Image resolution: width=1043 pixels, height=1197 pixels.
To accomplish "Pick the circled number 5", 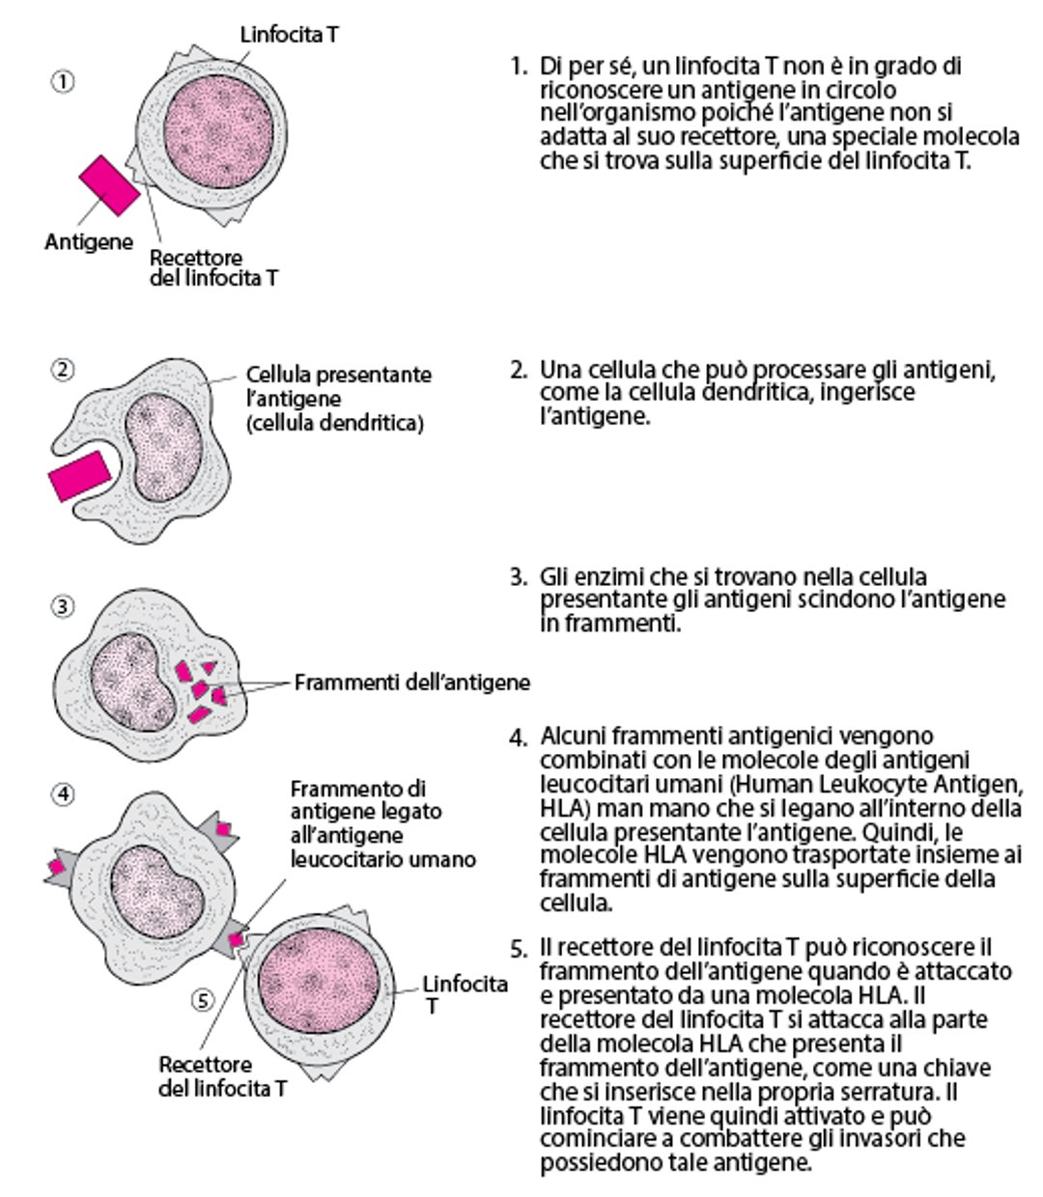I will [202, 1000].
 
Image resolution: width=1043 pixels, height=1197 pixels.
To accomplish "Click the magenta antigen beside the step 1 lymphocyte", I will [108, 184].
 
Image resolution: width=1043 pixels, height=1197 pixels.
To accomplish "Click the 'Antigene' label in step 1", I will [89, 241].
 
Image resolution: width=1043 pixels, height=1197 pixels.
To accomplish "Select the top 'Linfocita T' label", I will [289, 35].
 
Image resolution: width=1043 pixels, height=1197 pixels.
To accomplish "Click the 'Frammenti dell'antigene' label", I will [412, 682].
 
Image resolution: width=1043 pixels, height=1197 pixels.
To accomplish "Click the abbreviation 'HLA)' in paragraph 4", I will [561, 808].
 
